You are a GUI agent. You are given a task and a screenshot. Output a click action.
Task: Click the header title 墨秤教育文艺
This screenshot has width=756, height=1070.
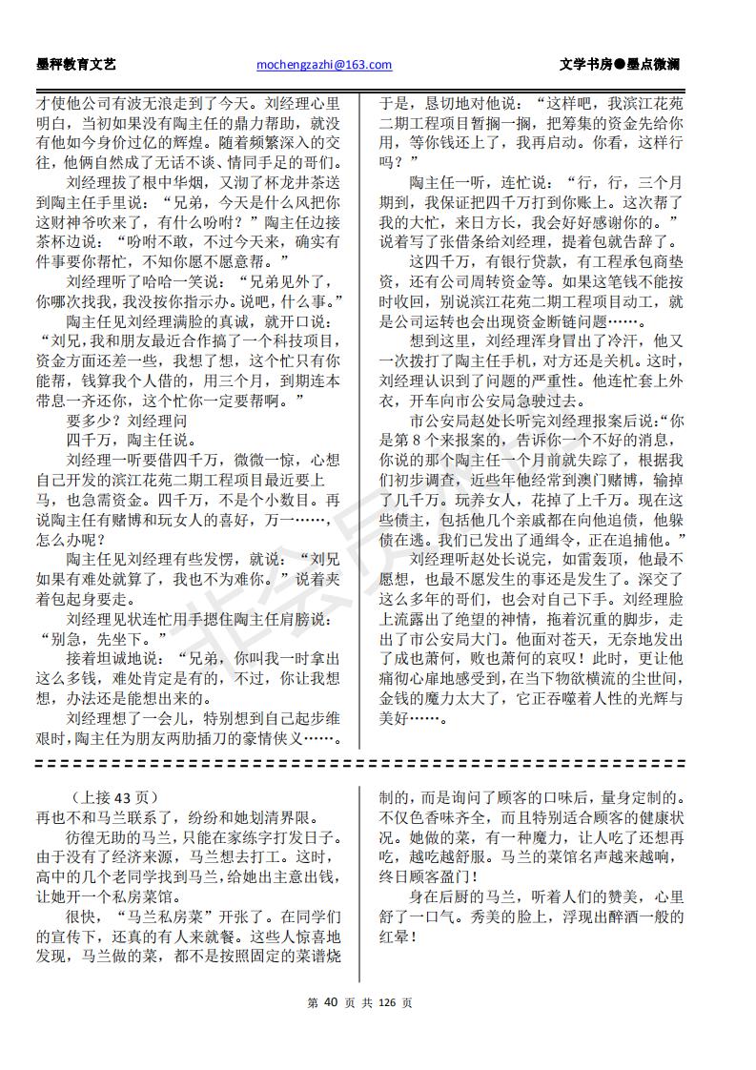point(75,65)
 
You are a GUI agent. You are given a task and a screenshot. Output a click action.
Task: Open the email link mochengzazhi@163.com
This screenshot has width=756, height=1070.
point(324,65)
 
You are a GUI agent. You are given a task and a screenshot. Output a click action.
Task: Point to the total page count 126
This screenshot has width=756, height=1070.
point(387,1002)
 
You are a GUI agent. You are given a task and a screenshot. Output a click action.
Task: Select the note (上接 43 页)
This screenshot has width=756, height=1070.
point(113,797)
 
